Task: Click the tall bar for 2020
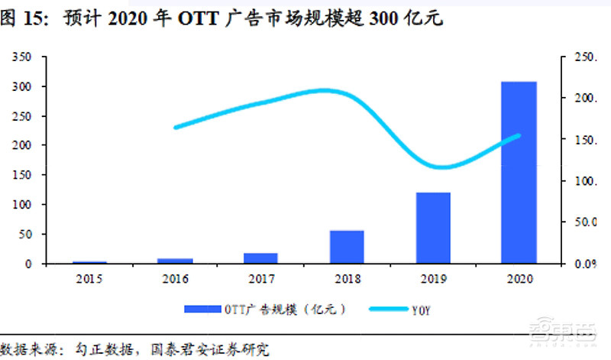pos(519,172)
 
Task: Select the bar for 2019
pos(433,228)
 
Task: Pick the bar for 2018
pos(347,247)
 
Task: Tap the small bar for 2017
pos(260,258)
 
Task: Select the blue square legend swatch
pos(202,310)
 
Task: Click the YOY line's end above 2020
pos(519,136)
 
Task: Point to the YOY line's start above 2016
pos(176,127)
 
